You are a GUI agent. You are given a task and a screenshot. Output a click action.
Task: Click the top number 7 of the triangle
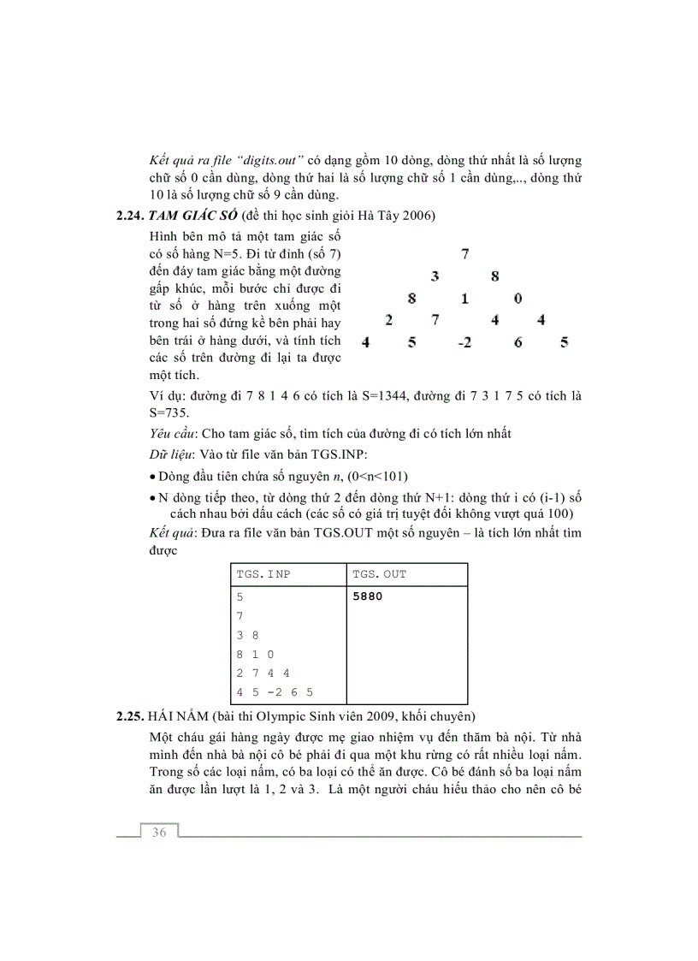point(465,253)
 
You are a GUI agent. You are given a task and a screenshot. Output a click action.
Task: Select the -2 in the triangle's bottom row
point(464,343)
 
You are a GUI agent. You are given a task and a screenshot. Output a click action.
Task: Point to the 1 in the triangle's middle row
point(464,299)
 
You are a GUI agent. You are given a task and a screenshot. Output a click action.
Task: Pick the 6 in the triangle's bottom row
point(518,343)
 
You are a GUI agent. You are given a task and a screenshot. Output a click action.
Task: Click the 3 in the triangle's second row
point(435,276)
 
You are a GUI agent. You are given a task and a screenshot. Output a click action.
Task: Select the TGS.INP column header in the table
point(263,574)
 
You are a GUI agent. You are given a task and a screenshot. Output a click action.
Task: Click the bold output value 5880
point(367,596)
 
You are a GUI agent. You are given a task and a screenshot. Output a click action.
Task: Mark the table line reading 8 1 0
point(255,654)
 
